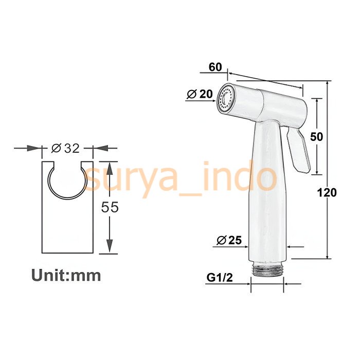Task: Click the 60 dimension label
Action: pos(215,67)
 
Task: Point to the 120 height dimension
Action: pos(328,192)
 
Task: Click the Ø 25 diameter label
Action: pos(229,240)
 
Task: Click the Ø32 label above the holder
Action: pos(66,148)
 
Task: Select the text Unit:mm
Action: pos(66,275)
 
